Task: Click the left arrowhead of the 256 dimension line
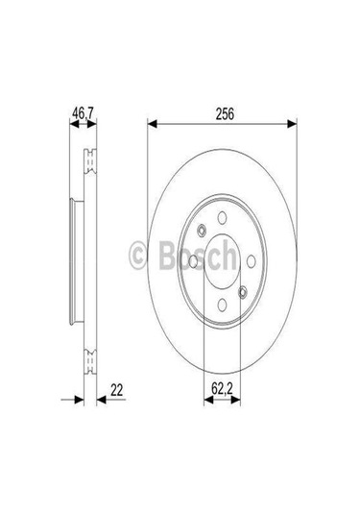click(152, 122)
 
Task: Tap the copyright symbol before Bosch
click(137, 254)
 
